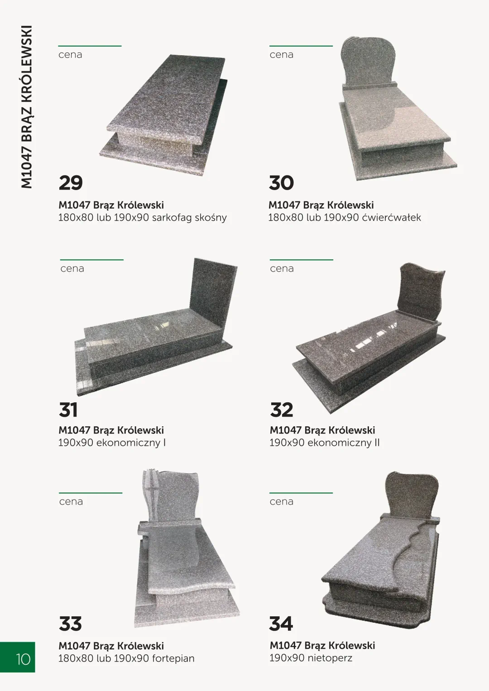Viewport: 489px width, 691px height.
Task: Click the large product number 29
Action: [71, 183]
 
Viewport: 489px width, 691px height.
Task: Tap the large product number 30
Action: [281, 183]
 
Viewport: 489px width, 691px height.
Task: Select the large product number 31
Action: [68, 410]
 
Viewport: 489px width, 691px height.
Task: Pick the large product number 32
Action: [282, 410]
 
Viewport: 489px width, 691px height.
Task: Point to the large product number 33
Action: [70, 624]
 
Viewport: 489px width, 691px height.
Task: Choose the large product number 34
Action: [281, 624]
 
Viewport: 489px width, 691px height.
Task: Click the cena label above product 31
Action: [72, 269]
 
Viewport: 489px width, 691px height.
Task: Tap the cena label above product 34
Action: [282, 501]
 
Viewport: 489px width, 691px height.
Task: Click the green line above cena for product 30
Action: [301, 46]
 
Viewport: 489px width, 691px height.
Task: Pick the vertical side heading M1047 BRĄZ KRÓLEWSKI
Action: [27, 107]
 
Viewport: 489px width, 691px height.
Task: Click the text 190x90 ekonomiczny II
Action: [325, 443]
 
